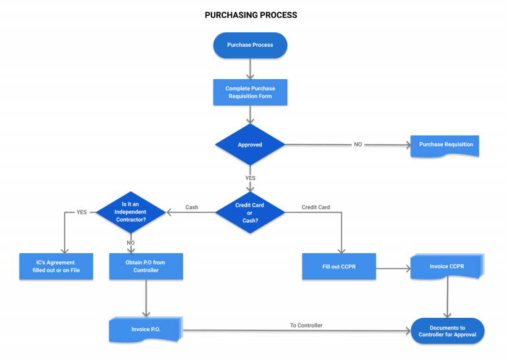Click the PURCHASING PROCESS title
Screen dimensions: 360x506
[250, 15]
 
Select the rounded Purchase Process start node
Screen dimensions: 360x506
[250, 45]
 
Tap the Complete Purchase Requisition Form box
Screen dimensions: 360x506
[250, 92]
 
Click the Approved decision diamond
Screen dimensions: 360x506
[250, 144]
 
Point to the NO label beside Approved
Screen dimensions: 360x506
[358, 144]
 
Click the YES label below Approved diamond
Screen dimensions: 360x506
[250, 178]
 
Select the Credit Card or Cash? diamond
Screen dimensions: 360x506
[250, 212]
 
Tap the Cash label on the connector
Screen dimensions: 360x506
[192, 207]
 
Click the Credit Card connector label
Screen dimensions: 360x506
[316, 207]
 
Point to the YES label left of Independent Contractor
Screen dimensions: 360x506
[82, 212]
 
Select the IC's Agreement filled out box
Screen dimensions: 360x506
[56, 266]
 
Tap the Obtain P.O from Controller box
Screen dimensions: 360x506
[145, 266]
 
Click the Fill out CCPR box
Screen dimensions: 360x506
[339, 266]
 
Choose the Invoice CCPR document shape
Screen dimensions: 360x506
[447, 266]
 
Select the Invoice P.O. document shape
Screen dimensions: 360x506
[145, 330]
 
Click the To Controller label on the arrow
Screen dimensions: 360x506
[306, 325]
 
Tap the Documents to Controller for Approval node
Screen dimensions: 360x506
[447, 331]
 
